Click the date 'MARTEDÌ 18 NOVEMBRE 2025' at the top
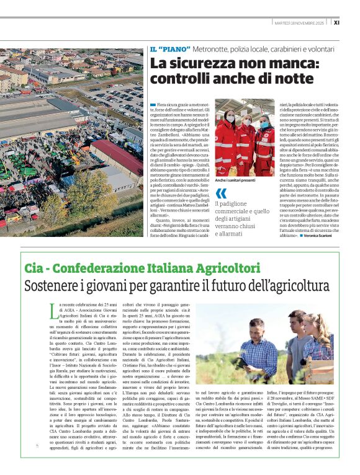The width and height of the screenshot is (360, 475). pos(300,22)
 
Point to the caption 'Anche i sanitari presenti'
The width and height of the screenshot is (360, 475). pos(236,179)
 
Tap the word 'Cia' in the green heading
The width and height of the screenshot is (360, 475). pos(37,268)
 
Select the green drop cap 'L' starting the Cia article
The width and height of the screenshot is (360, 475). pos(52,308)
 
